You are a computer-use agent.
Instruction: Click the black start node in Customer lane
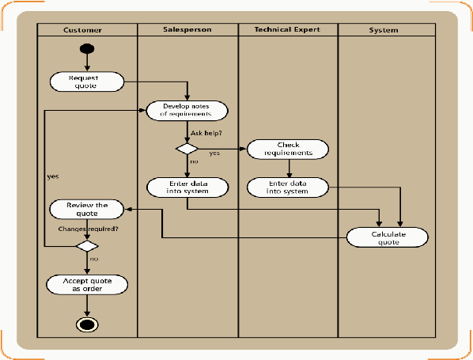(87, 48)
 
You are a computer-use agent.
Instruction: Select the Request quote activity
(87, 81)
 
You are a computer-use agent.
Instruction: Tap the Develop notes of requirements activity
(187, 111)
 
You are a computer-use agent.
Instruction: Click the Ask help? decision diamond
(187, 149)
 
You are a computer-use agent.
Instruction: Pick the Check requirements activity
(288, 149)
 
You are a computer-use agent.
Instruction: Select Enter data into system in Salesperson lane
(187, 188)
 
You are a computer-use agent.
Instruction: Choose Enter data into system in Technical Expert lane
(288, 188)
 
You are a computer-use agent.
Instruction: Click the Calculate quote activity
(388, 237)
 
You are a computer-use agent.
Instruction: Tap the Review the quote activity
(87, 210)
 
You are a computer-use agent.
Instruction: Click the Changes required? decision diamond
(87, 246)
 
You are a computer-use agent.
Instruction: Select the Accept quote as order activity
(87, 285)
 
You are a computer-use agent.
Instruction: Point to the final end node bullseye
(87, 324)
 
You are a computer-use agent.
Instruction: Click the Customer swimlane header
(82, 30)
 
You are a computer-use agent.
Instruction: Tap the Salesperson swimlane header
(187, 29)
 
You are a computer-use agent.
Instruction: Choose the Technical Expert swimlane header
(287, 29)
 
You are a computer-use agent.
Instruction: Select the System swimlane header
(384, 30)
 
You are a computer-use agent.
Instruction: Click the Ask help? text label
(206, 133)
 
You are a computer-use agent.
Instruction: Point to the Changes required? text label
(88, 229)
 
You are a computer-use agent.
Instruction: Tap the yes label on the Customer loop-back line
(53, 176)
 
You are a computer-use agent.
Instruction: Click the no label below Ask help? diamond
(194, 161)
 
